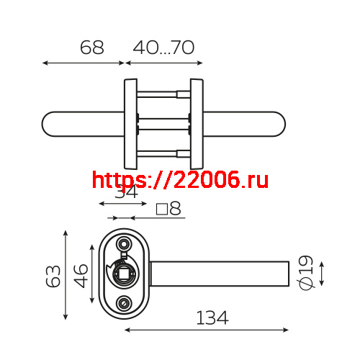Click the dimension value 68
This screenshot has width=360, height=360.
91,48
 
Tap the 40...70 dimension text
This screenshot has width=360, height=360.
163,48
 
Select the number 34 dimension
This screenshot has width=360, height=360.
126,192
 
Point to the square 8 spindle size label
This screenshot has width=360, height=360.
168,210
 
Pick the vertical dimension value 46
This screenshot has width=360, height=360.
81,274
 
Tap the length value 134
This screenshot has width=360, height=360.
212,318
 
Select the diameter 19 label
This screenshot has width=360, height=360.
306,273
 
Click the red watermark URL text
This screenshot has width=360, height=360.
181,179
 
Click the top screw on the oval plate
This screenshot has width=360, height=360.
125,243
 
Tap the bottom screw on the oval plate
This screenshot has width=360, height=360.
125,304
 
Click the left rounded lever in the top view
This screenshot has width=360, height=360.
83,124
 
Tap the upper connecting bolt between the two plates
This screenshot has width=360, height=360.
163,93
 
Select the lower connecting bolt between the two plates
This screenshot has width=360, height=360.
163,152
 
